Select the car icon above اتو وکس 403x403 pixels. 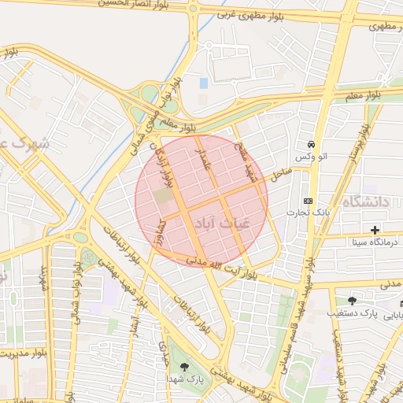coord(312,145)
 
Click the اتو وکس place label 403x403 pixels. coord(311,157)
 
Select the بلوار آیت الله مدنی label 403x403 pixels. coord(213,268)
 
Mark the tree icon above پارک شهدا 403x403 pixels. coord(184,367)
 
